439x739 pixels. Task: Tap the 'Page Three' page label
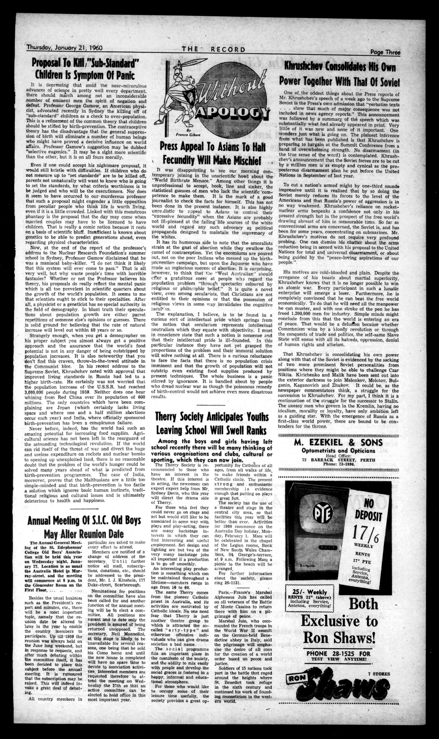click(385, 52)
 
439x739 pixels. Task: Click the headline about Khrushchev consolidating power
click(340, 73)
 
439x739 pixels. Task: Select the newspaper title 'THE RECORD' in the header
click(213, 49)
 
